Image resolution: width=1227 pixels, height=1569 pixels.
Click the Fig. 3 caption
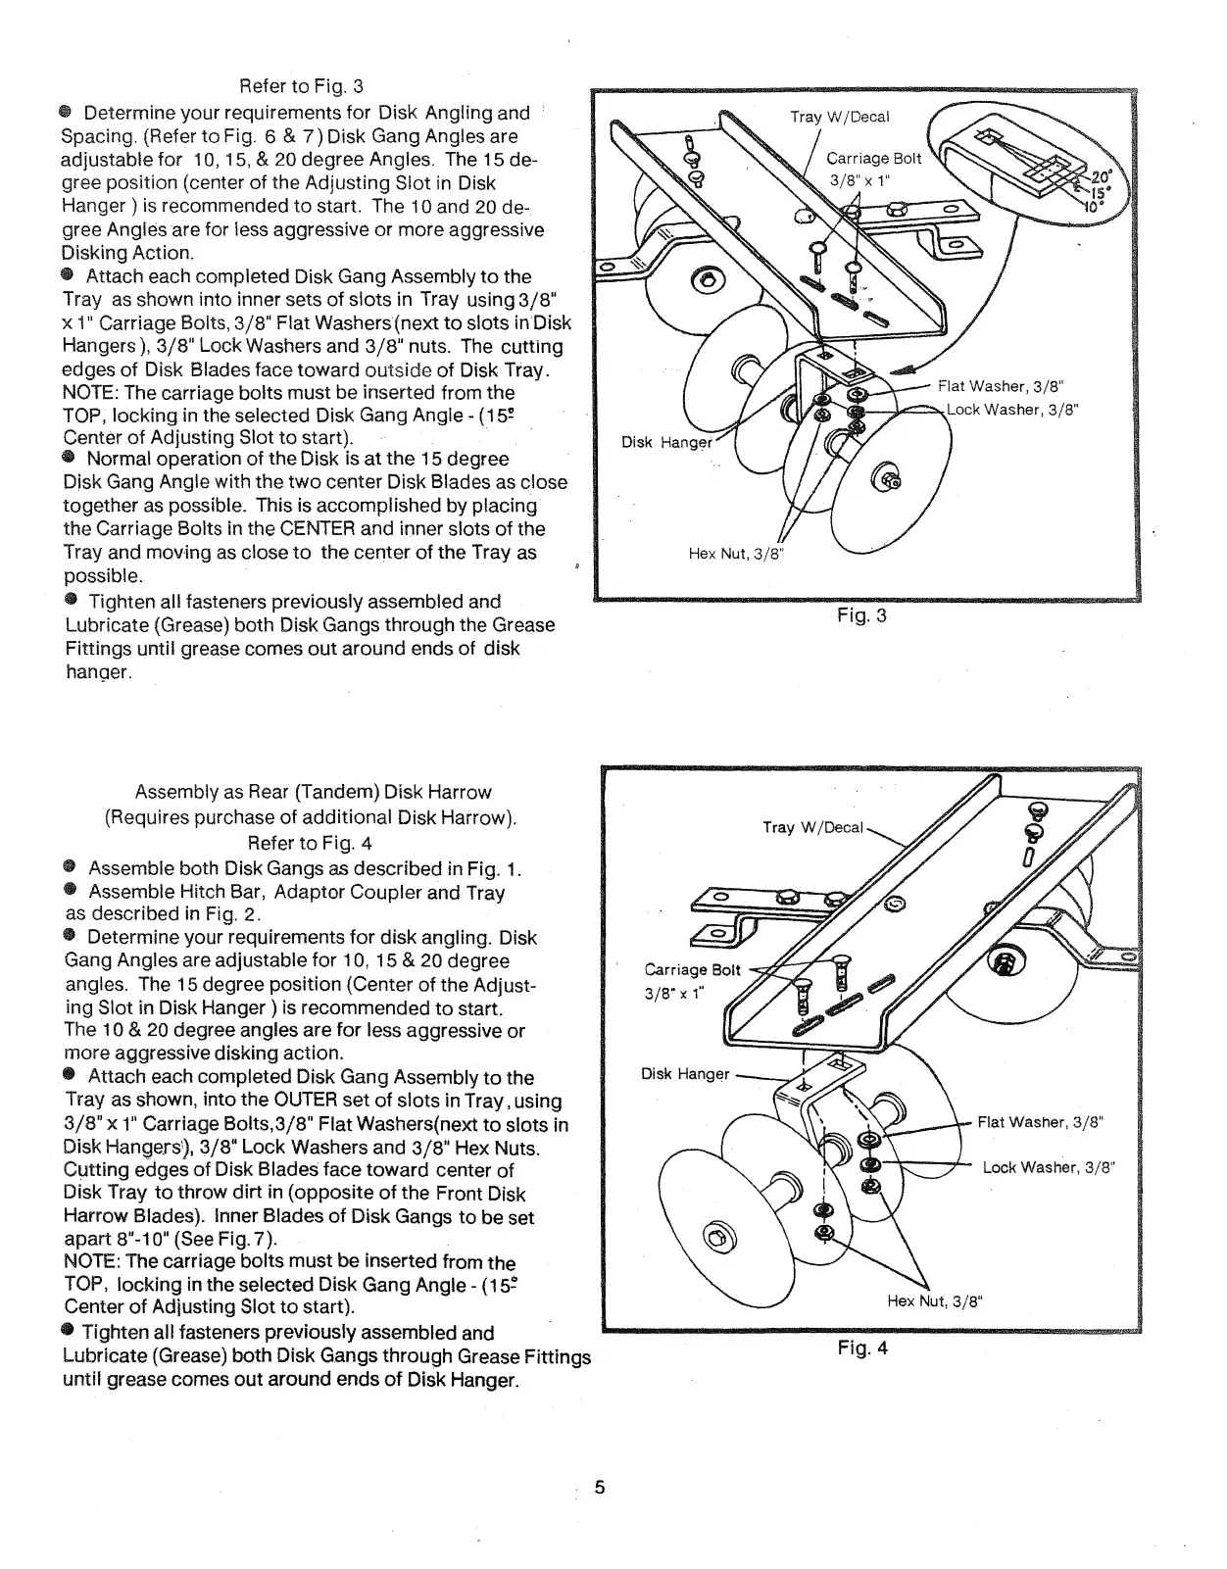861,616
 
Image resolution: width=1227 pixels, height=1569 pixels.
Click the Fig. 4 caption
862,1348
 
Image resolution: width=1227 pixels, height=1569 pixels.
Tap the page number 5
600,1488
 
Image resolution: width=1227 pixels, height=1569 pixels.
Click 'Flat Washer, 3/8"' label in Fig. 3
1001,386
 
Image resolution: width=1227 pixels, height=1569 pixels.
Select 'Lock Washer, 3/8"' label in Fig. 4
1050,1167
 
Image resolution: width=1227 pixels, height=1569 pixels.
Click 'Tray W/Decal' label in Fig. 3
840,118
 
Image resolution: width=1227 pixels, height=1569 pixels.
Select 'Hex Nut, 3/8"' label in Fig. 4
934,1301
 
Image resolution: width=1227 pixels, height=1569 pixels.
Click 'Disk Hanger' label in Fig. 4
685,1074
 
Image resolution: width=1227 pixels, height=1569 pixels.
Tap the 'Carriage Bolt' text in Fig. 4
692,970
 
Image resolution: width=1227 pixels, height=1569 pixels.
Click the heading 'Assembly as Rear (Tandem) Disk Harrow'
313,792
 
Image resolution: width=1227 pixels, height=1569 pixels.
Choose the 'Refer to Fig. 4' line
310,843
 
